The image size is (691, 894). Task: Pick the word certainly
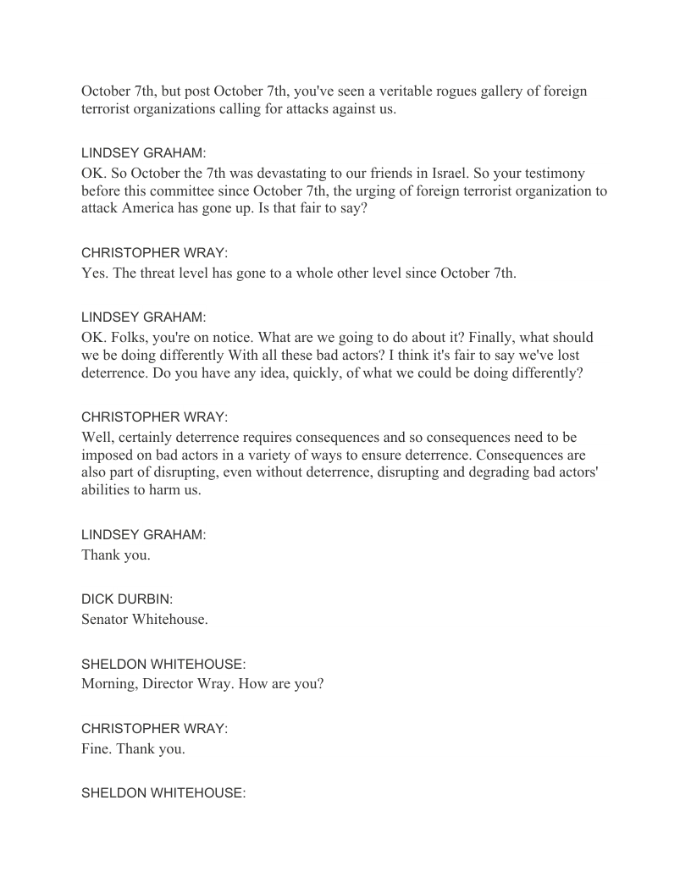tap(146, 437)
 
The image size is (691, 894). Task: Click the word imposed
tap(107, 455)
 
